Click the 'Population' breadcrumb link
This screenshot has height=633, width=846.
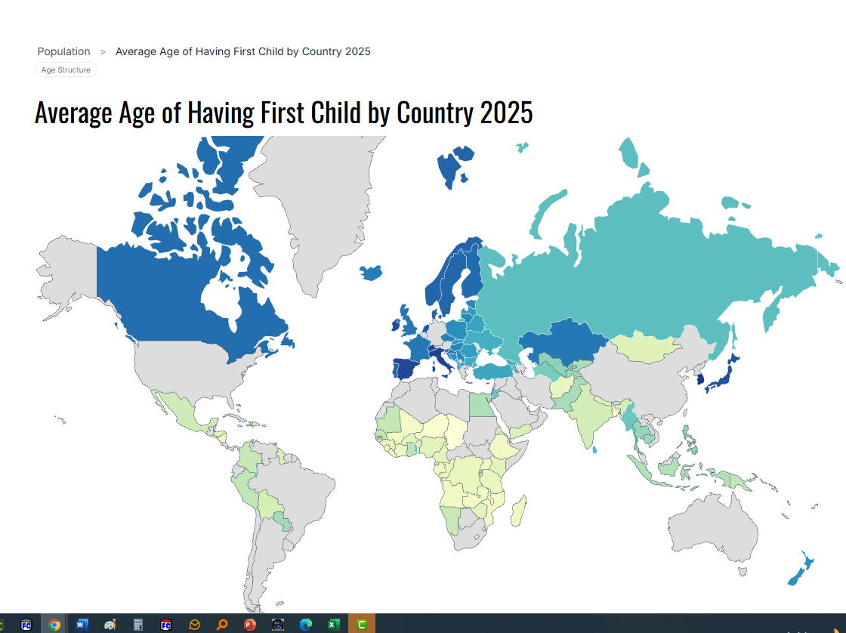[x=63, y=51]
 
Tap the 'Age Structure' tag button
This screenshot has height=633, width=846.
[x=66, y=70]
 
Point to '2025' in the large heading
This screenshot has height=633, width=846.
[x=506, y=113]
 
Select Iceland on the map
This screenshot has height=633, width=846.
[x=371, y=273]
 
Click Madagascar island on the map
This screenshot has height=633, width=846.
[x=519, y=511]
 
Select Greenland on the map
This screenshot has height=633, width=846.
[x=317, y=204]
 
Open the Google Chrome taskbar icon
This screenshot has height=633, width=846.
[x=54, y=625]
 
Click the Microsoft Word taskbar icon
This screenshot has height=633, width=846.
[x=82, y=625]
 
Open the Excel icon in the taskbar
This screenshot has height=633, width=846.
[x=333, y=625]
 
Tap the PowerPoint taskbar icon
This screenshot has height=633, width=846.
[x=250, y=625]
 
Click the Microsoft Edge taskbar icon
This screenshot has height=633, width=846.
[x=306, y=625]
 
